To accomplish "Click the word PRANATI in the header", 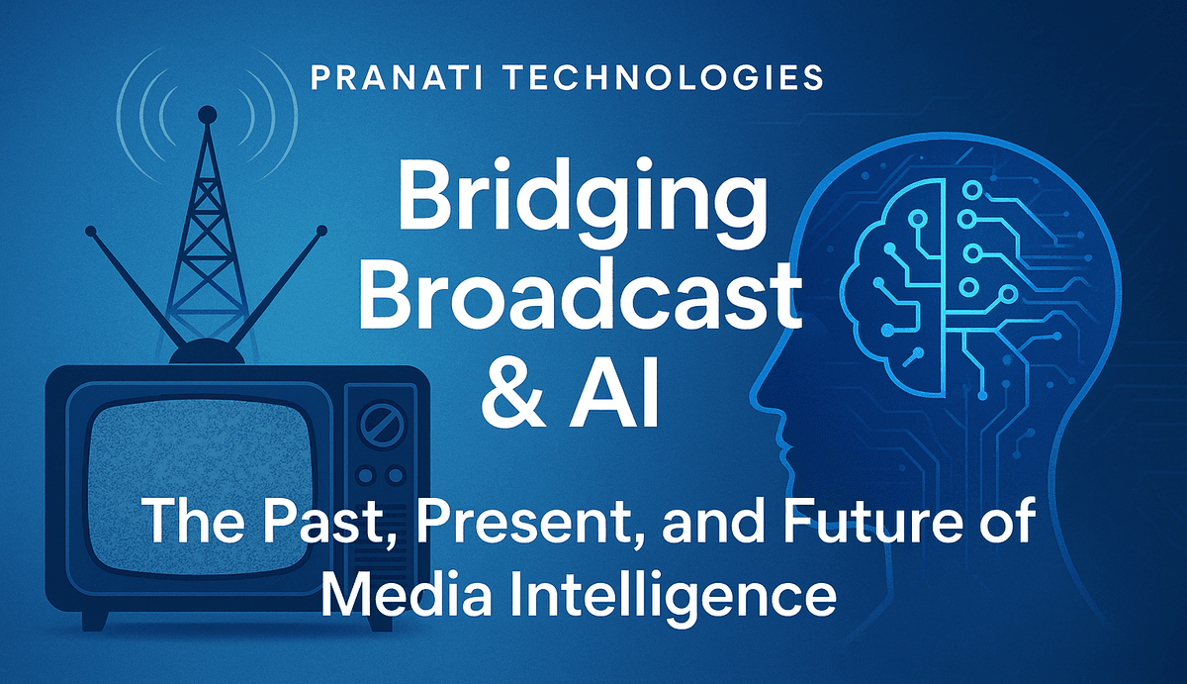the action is (396, 77).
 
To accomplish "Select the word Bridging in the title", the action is (583, 204).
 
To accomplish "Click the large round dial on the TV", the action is (382, 426).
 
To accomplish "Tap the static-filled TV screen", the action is (198, 488).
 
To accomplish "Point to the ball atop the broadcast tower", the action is (207, 115).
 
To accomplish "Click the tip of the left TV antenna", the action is (91, 232).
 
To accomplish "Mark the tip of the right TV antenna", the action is (321, 231).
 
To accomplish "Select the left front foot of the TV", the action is (95, 621).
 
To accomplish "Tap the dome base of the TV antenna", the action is (207, 352).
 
